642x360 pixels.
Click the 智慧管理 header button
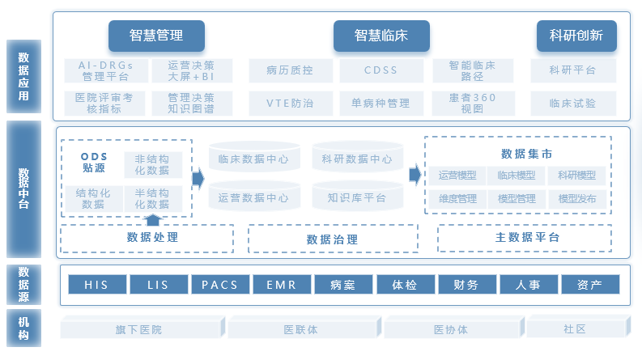156,36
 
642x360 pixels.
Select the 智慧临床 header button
381,36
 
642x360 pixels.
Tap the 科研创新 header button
576,36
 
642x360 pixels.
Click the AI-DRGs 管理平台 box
105,70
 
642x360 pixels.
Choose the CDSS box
381,70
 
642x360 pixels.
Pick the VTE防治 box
289,104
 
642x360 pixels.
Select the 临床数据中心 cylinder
253,159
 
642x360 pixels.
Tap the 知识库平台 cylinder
356,197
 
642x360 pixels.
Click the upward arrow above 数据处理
152,218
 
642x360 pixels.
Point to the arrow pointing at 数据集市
415,175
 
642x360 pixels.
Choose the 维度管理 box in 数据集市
457,198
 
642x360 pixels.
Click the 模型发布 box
576,198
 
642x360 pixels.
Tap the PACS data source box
219,285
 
